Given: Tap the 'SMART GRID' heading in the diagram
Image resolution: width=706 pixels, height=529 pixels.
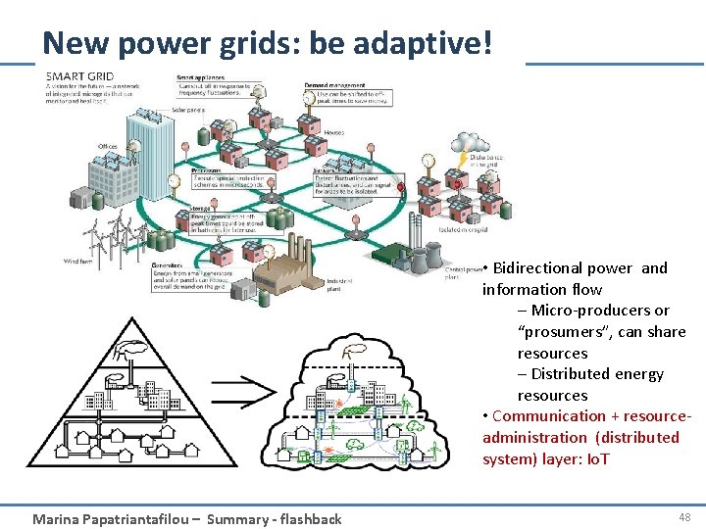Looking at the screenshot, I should click(80, 75).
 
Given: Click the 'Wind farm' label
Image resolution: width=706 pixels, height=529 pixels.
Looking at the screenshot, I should click(79, 261).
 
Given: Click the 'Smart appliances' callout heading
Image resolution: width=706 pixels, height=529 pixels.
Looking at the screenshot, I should click(200, 77).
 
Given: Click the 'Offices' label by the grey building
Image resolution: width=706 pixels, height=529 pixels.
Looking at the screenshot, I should click(108, 147).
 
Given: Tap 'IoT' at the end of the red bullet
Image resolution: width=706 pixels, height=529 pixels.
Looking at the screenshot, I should click(595, 458).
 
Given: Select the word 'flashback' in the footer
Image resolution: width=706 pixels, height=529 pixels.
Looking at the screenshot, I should click(309, 519).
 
